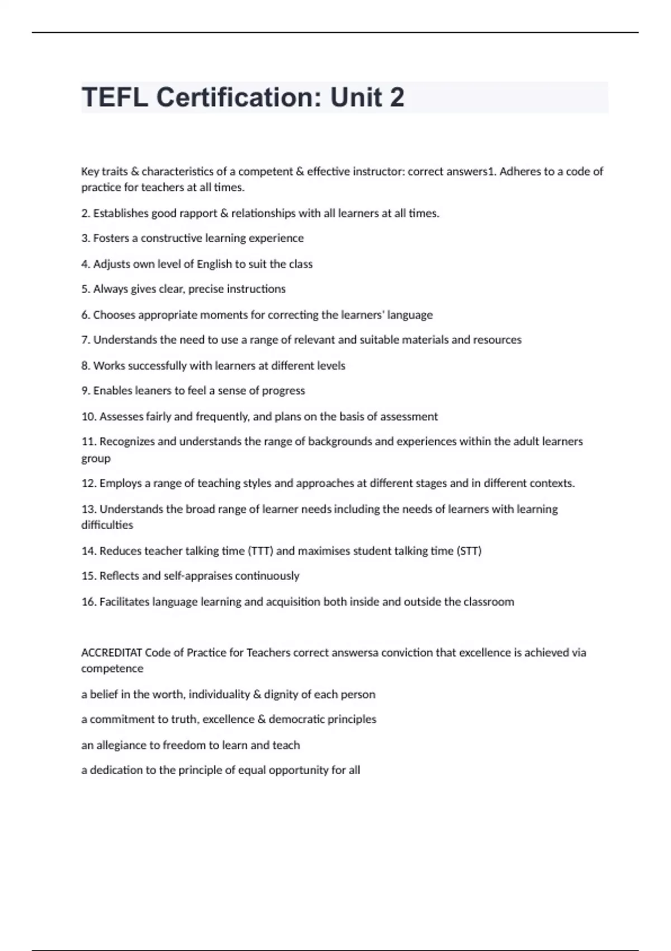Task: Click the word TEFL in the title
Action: pos(115,97)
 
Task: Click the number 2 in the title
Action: pos(396,97)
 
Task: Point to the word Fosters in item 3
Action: pos(111,238)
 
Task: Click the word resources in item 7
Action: pos(497,340)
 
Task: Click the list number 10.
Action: pos(89,417)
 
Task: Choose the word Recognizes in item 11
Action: pos(127,442)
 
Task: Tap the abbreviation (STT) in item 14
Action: pos(469,551)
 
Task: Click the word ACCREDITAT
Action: pos(112,653)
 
